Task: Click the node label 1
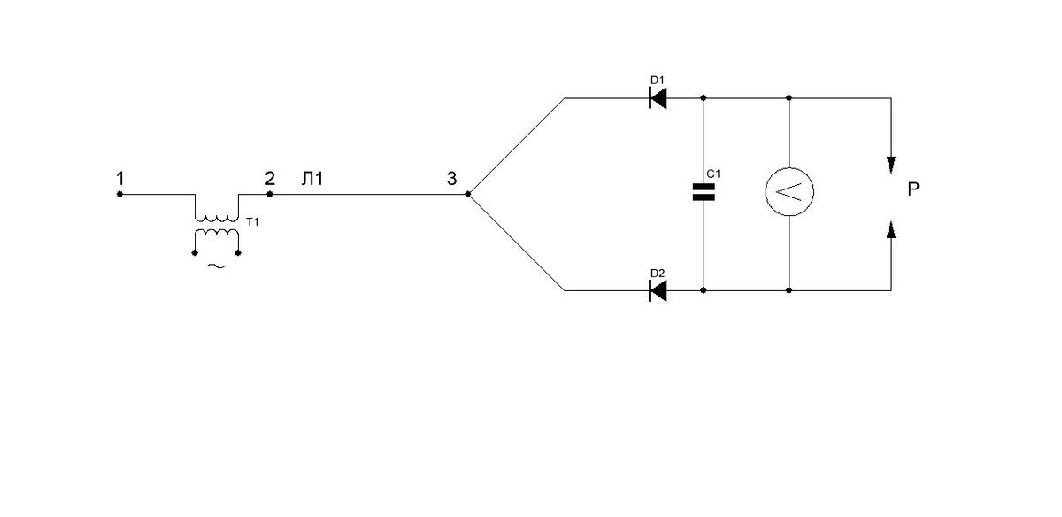[x=120, y=179]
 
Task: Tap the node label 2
[x=270, y=179]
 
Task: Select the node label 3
[x=452, y=179]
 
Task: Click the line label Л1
[x=312, y=179]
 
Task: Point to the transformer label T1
[x=253, y=222]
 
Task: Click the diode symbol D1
[x=658, y=98]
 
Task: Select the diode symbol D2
[x=658, y=290]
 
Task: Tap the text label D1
[x=657, y=81]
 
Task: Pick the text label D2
[x=658, y=274]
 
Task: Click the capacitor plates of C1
[x=704, y=192]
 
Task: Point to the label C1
[x=713, y=174]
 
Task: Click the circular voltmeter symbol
[x=789, y=191]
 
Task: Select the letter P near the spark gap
[x=913, y=189]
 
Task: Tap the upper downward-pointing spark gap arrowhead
[x=891, y=165]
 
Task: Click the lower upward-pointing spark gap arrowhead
[x=891, y=229]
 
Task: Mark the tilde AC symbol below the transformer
[x=216, y=266]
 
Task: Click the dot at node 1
[x=119, y=194]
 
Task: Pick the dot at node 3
[x=468, y=194]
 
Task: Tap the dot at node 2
[x=270, y=194]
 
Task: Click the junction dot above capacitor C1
[x=704, y=97]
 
